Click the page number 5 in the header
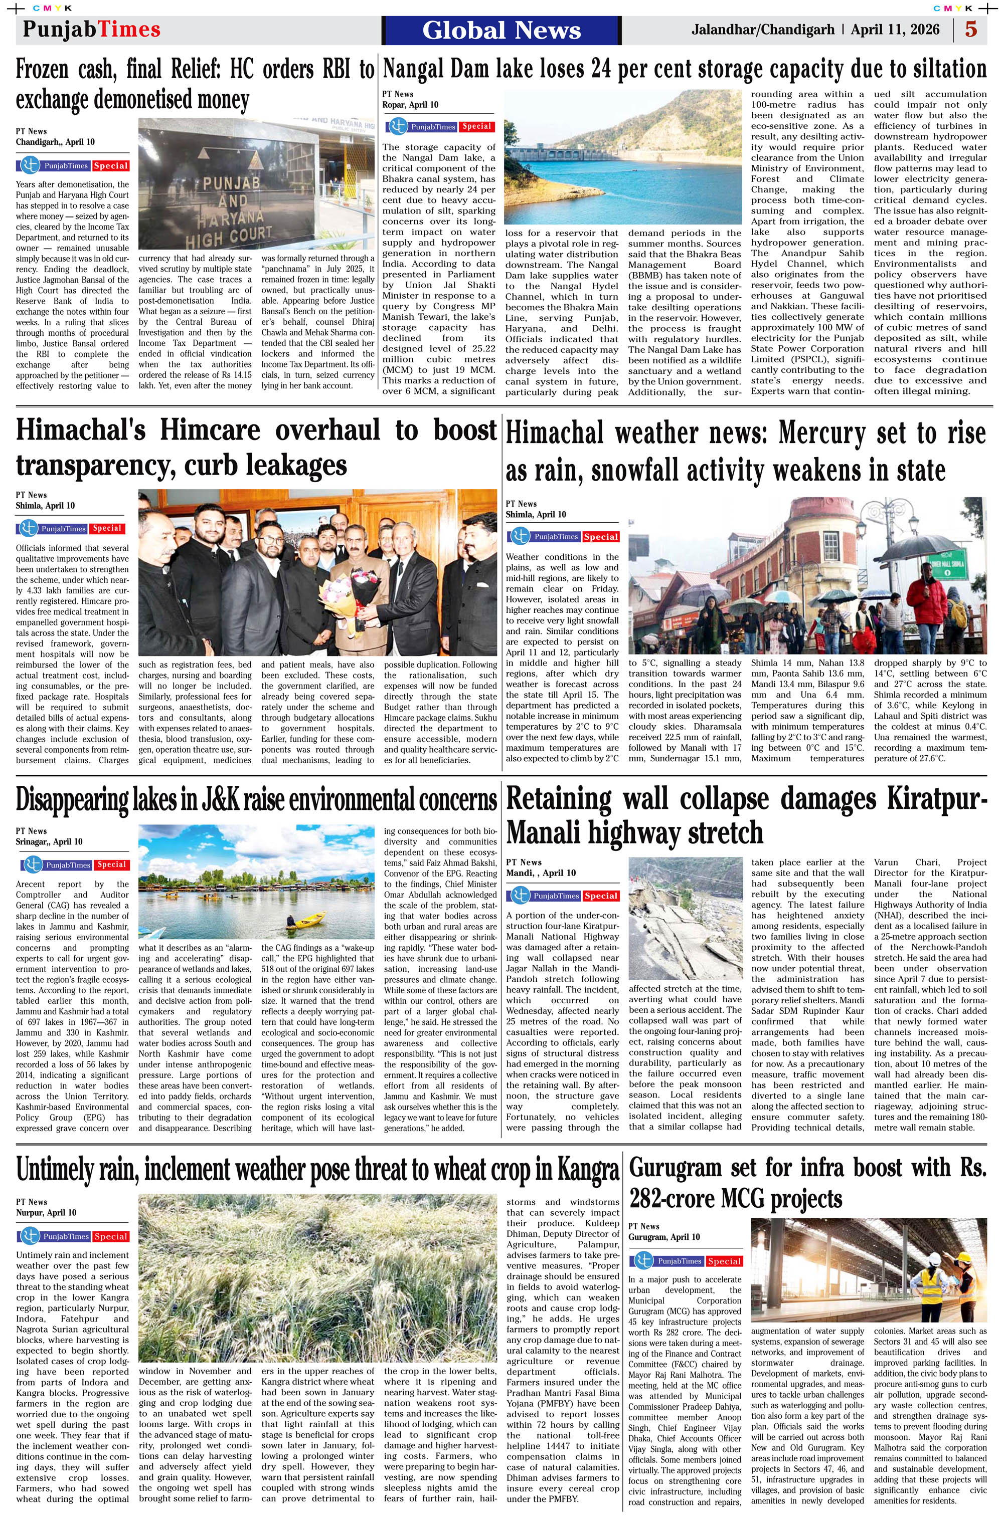click(971, 30)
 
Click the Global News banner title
click(501, 30)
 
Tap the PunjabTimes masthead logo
click(92, 30)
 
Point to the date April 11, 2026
click(895, 30)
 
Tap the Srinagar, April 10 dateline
click(49, 842)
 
